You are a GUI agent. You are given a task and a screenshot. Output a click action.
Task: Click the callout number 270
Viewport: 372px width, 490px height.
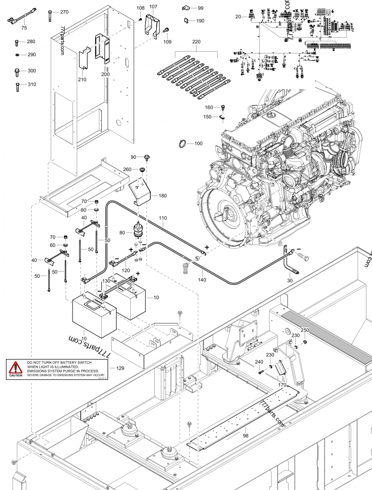[64, 12]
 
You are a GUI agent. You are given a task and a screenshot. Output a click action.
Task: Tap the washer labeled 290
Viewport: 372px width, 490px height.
[17, 55]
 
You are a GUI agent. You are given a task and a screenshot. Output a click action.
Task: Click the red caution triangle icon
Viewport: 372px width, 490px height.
[17, 367]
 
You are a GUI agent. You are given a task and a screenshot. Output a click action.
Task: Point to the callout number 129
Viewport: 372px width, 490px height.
[120, 368]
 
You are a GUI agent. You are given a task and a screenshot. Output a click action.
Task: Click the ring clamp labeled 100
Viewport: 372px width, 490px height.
[184, 144]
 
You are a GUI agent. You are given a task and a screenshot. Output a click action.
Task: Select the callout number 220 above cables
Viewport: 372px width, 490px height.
[196, 42]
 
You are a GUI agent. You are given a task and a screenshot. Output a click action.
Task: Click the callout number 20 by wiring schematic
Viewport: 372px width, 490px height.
[238, 17]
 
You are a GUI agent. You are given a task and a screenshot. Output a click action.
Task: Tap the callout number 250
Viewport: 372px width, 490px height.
[305, 330]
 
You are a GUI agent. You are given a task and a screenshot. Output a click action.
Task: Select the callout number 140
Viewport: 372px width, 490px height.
[201, 280]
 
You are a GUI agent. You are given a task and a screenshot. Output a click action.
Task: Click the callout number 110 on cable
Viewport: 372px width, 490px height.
[163, 218]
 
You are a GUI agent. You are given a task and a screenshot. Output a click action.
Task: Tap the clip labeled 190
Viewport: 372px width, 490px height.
[186, 20]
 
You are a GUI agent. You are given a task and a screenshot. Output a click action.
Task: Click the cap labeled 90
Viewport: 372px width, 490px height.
[146, 157]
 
